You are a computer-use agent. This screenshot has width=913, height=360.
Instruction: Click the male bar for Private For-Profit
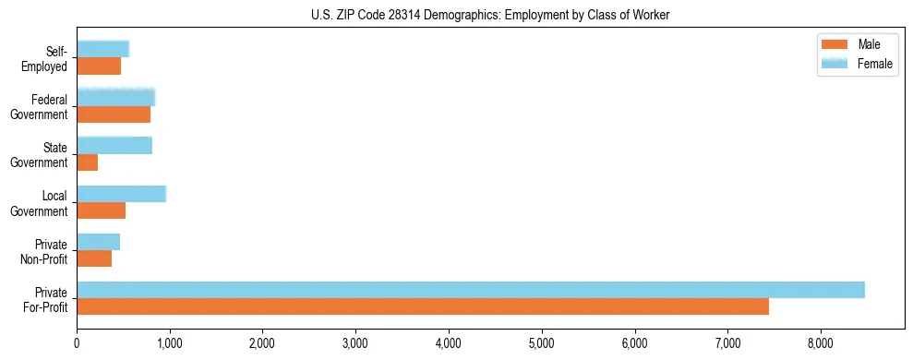pyautogui.click(x=422, y=306)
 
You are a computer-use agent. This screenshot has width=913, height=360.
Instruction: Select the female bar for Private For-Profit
pyautogui.click(x=470, y=290)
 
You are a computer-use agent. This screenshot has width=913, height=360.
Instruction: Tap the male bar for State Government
pyautogui.click(x=87, y=162)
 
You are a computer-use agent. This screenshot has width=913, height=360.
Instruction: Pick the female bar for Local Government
pyautogui.click(x=121, y=194)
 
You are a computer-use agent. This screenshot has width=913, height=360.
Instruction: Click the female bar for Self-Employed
pyautogui.click(x=102, y=49)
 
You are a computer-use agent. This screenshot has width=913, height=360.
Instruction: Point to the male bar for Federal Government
pyautogui.click(x=113, y=114)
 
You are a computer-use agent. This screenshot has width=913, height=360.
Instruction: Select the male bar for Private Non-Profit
pyautogui.click(x=93, y=258)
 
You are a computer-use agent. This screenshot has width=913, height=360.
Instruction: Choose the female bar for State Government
pyautogui.click(x=114, y=145)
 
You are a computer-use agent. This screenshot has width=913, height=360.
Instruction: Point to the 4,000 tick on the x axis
pyautogui.click(x=449, y=343)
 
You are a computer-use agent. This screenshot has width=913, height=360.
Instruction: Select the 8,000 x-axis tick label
pyautogui.click(x=821, y=343)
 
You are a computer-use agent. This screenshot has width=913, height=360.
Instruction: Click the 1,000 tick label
pyautogui.click(x=169, y=343)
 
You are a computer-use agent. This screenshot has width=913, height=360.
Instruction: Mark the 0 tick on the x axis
pyautogui.click(x=77, y=343)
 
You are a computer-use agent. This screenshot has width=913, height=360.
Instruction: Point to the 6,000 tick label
pyautogui.click(x=634, y=343)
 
